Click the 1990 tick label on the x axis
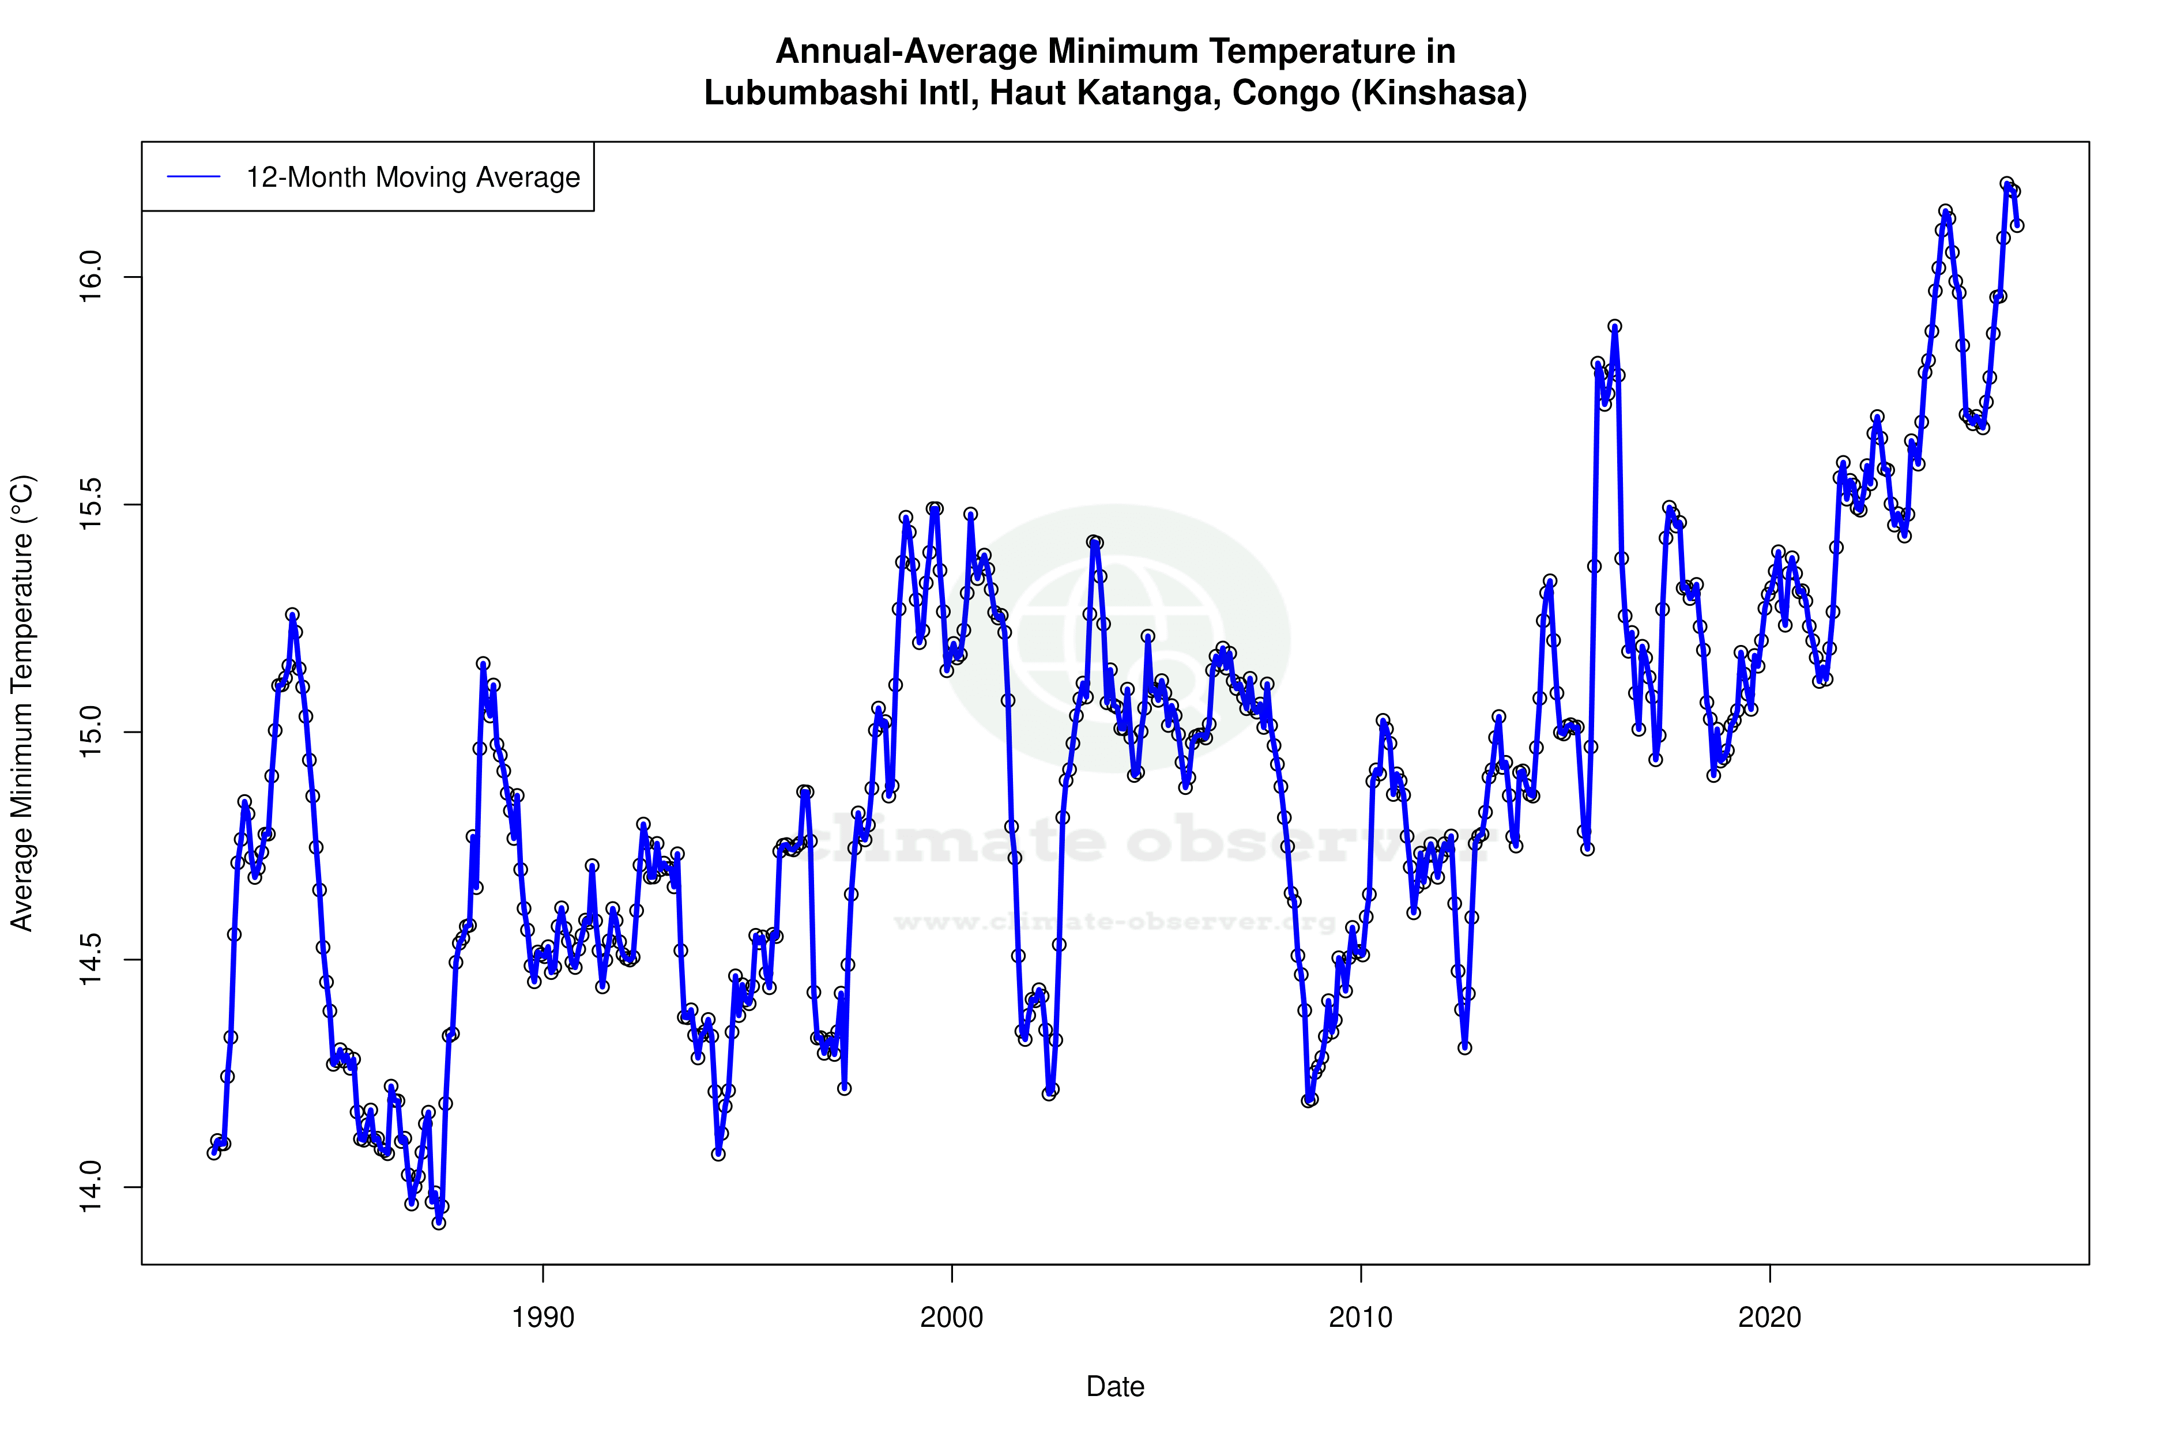543,1318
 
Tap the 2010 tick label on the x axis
1361,1318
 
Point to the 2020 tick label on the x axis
1769,1318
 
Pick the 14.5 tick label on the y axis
92,960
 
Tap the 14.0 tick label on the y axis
92,1186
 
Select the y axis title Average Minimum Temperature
22,703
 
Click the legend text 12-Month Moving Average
413,178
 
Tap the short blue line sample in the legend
194,178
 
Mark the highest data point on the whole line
2007,184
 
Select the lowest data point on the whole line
439,1223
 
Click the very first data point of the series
214,1152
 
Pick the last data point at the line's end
2017,225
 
